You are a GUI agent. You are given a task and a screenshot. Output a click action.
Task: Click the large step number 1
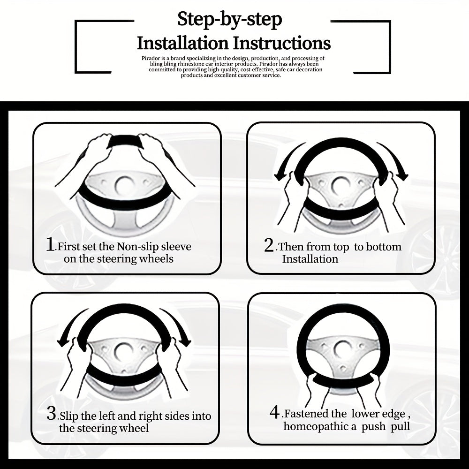[x=51, y=245]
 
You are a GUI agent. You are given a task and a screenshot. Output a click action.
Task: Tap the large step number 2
[x=269, y=245]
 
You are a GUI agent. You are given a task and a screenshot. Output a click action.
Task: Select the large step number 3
[x=51, y=414]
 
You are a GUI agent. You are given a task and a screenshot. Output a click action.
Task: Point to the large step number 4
[x=274, y=412]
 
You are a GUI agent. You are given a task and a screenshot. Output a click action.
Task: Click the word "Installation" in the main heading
[x=182, y=43]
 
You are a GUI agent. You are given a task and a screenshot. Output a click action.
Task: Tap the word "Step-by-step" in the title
[x=230, y=20]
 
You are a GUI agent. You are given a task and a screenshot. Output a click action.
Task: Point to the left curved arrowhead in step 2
[x=280, y=176]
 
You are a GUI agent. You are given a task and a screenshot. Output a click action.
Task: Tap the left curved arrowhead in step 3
[x=63, y=341]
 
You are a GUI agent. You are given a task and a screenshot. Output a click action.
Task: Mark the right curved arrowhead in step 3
[x=184, y=341]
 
